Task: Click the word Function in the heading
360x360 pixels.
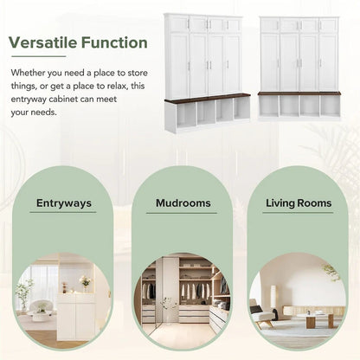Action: click(112, 42)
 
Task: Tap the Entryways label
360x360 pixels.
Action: click(64, 204)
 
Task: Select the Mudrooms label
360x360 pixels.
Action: click(183, 204)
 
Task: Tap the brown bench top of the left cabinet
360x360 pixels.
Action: click(208, 98)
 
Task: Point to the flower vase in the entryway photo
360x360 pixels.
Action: click(85, 282)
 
